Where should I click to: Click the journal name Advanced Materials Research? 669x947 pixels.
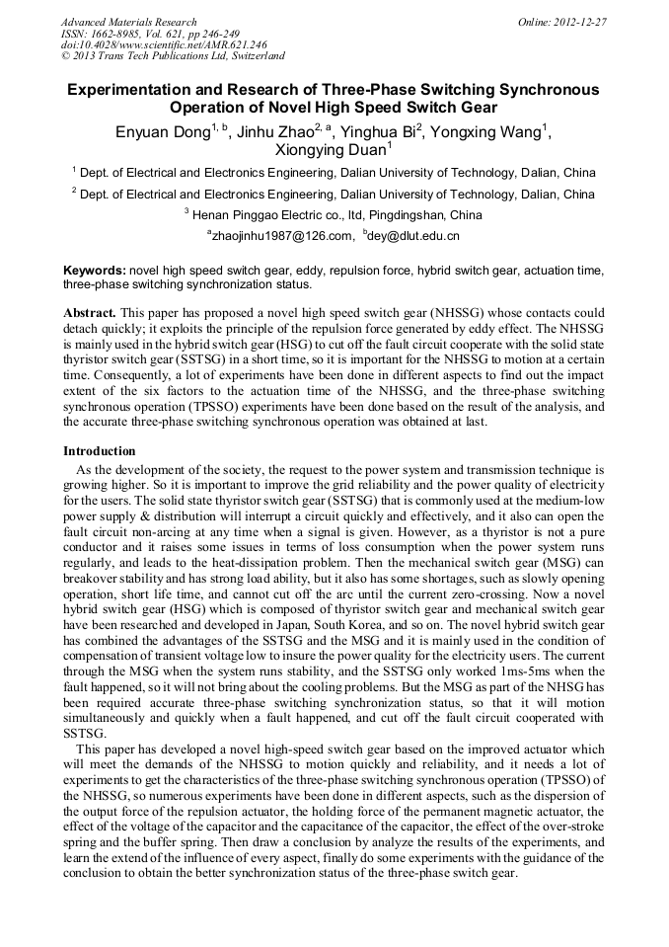(128, 22)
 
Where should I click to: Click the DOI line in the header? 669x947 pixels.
(163, 44)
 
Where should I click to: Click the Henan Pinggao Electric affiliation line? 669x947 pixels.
(334, 214)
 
